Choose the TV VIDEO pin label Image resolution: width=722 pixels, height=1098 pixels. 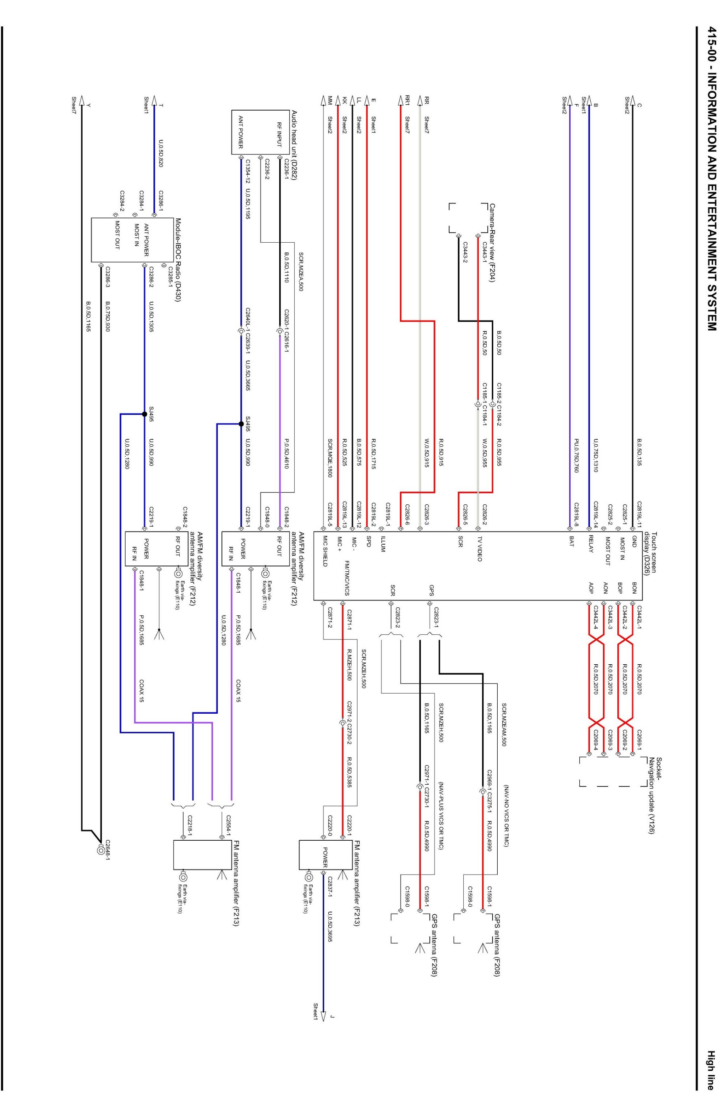click(480, 549)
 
